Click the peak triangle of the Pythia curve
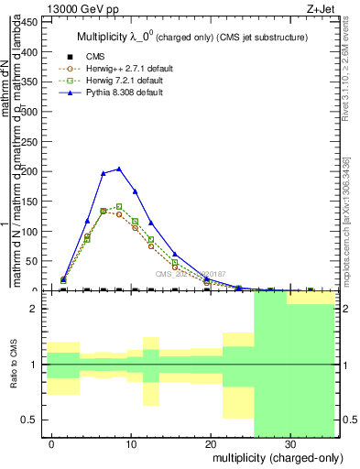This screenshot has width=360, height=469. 119,169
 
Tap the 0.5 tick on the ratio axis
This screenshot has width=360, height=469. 33,420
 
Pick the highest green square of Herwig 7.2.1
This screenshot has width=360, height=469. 119,207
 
